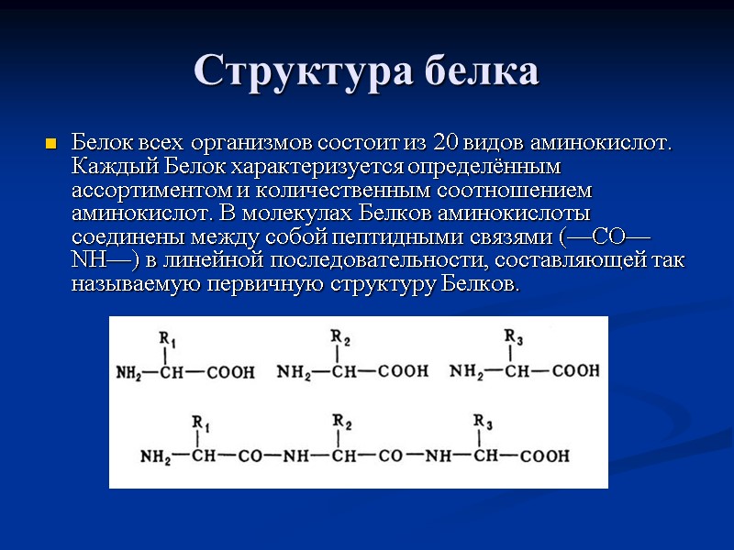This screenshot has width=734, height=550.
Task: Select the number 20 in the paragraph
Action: point(447,145)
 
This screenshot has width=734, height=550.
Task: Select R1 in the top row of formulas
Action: point(168,340)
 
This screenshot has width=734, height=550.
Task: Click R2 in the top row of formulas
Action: point(340,336)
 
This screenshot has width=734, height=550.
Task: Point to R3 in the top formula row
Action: point(514,337)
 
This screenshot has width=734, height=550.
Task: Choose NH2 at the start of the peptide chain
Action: point(156,456)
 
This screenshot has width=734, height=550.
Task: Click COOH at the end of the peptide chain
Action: point(545,456)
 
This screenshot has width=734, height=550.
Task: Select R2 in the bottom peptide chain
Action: point(341,422)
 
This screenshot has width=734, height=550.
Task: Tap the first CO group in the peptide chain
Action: point(252,456)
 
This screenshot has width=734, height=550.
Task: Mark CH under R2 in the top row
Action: point(344,372)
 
